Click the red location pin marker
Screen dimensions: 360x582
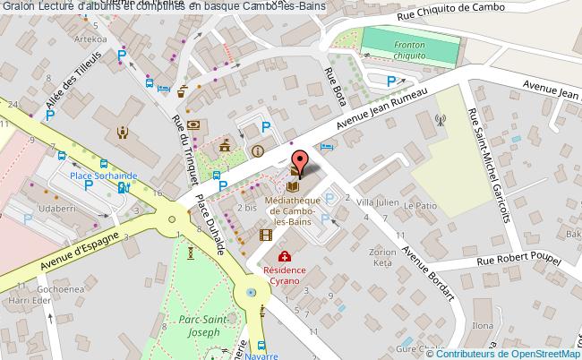[x=301, y=162]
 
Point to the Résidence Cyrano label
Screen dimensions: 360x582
[x=285, y=274]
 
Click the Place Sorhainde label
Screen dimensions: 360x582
[x=79, y=176]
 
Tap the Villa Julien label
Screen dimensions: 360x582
[x=377, y=202]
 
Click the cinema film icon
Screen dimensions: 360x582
[x=265, y=236]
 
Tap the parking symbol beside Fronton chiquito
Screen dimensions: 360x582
[x=390, y=81]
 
